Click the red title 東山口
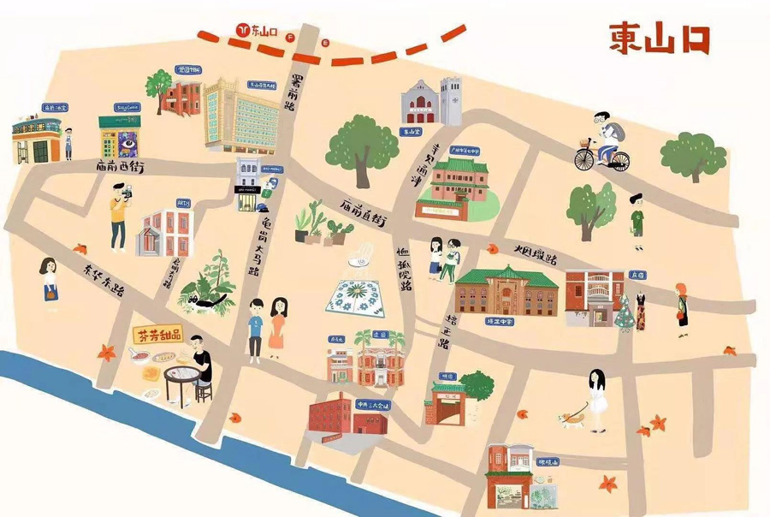pyautogui.click(x=659, y=39)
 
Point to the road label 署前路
pyautogui.click(x=298, y=95)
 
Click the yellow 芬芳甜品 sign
pyautogui.click(x=159, y=335)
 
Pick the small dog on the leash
pyautogui.click(x=568, y=419)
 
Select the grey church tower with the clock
pyautogui.click(x=452, y=102)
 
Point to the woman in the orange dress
pyautogui.click(x=277, y=324)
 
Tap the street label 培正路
pyautogui.click(x=446, y=329)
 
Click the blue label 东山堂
pyautogui.click(x=412, y=132)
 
